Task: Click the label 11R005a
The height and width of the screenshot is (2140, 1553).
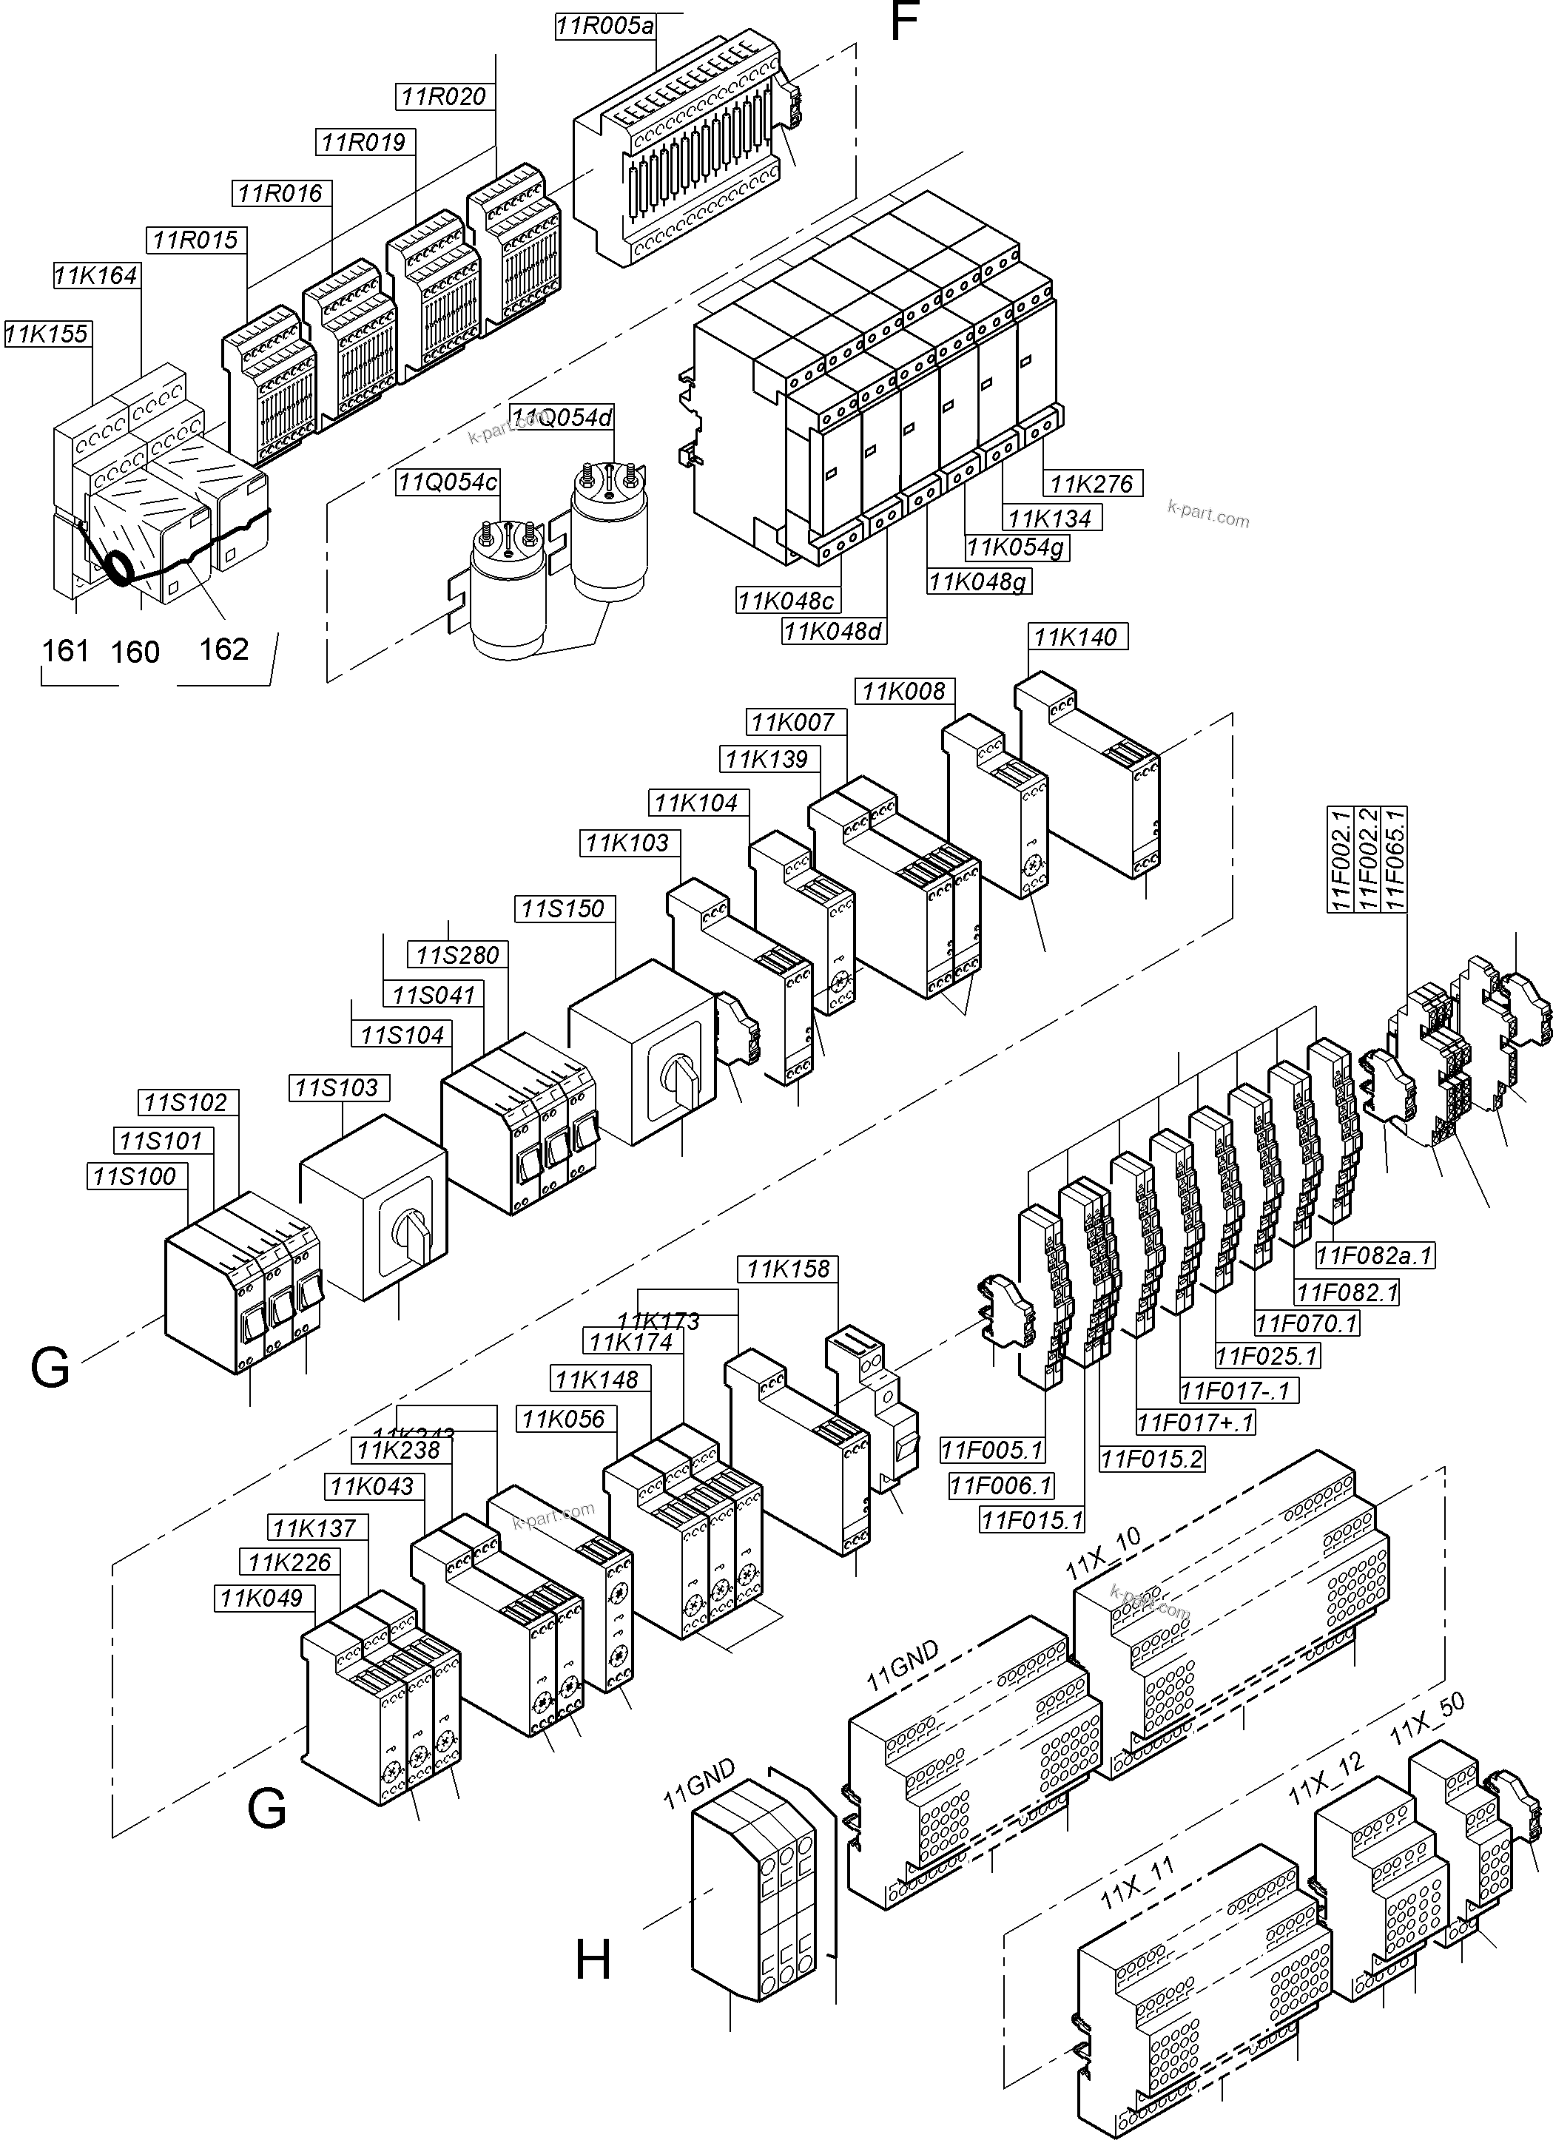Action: point(604,27)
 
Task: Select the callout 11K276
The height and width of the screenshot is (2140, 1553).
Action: point(1091,484)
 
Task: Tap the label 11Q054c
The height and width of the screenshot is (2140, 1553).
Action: point(447,482)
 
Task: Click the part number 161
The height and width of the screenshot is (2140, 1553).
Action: point(65,651)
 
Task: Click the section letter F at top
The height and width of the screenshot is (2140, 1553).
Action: point(904,21)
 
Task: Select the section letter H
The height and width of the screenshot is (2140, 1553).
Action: point(593,1962)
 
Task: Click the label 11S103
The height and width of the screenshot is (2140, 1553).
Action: point(336,1088)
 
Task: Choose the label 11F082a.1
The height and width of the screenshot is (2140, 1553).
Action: point(1375,1256)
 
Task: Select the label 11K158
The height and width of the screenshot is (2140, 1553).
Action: point(788,1269)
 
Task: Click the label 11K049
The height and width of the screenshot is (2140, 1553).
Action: point(261,1599)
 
